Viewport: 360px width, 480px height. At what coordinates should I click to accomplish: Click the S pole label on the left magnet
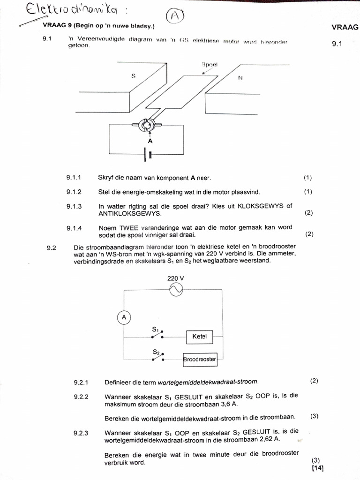[x=133, y=75]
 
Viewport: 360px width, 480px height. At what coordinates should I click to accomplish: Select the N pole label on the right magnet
[x=240, y=78]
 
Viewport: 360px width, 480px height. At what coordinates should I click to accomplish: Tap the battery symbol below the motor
[x=149, y=155]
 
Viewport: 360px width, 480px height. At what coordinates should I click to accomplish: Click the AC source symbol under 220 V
[x=176, y=290]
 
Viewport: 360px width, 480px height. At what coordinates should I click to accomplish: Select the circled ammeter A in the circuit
[x=124, y=318]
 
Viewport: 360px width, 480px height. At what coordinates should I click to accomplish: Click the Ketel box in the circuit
[x=199, y=337]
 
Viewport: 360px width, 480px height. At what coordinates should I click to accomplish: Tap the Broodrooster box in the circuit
[x=200, y=360]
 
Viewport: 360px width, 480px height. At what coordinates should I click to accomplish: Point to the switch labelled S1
[x=158, y=335]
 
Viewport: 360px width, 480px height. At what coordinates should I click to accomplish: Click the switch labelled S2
[x=158, y=357]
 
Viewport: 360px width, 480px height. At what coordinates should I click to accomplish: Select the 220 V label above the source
[x=176, y=278]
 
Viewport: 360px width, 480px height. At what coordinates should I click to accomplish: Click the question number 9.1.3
[x=74, y=206]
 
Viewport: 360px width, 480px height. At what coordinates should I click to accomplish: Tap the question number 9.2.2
[x=81, y=397]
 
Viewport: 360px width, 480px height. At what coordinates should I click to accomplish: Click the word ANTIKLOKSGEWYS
[x=130, y=213]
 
